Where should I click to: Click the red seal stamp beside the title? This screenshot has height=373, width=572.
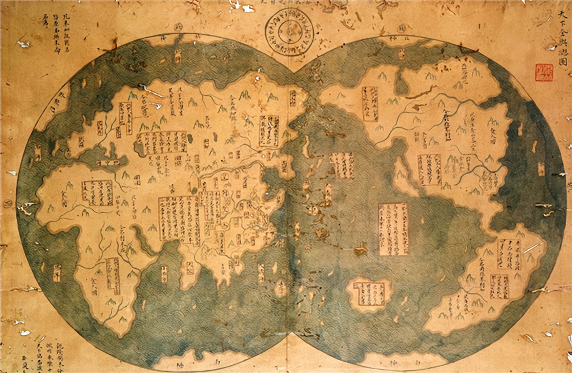(544, 73)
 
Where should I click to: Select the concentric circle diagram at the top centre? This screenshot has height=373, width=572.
(289, 32)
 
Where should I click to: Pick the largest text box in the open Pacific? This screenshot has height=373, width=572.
(394, 229)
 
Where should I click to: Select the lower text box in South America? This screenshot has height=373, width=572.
(499, 286)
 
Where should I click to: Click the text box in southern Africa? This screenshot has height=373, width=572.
(113, 276)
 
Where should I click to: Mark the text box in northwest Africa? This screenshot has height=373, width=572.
(97, 193)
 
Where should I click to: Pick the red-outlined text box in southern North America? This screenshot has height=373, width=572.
(429, 169)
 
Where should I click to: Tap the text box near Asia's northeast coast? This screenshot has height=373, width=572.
(270, 131)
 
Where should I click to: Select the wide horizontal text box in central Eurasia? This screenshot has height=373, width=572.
(162, 142)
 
